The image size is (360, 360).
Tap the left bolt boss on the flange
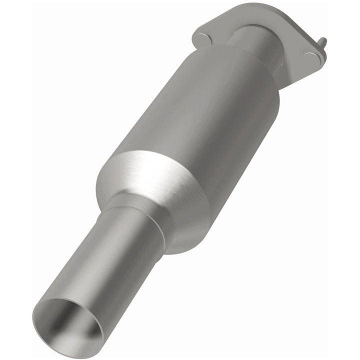tap(201, 38)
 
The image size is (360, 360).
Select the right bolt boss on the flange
tap(312, 58)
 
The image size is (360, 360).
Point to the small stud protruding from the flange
tap(323, 42)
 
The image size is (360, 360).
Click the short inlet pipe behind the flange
tap(260, 42)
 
